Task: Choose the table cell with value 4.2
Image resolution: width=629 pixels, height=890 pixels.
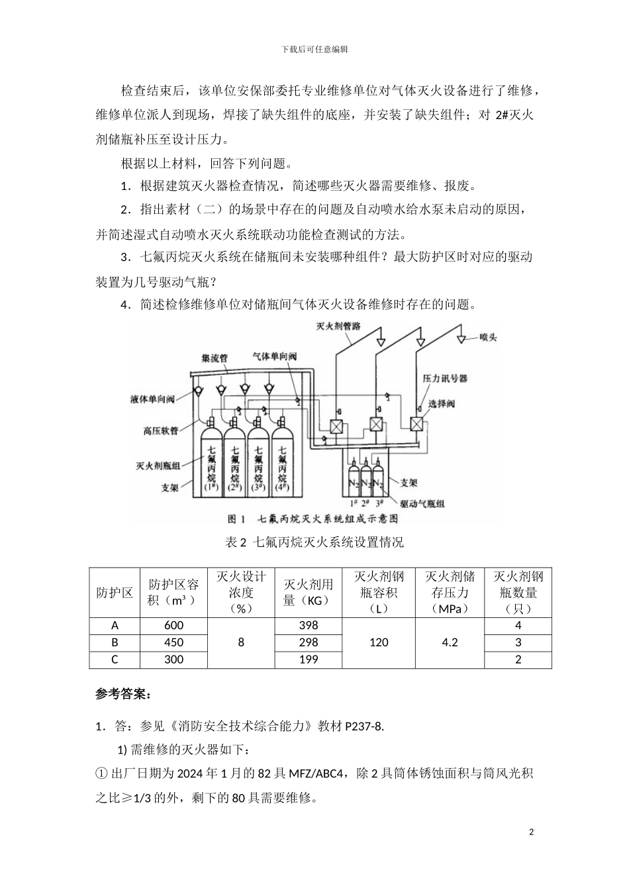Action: tap(450, 642)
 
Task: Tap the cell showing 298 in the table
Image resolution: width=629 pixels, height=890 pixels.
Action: tap(309, 642)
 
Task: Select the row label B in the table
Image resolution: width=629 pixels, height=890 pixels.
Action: tap(115, 642)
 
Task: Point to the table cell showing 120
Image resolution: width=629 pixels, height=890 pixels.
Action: tap(379, 642)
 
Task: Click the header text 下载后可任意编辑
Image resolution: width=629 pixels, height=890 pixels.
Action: tap(314, 49)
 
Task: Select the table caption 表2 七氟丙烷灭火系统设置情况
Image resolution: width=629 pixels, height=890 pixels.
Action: tap(314, 542)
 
